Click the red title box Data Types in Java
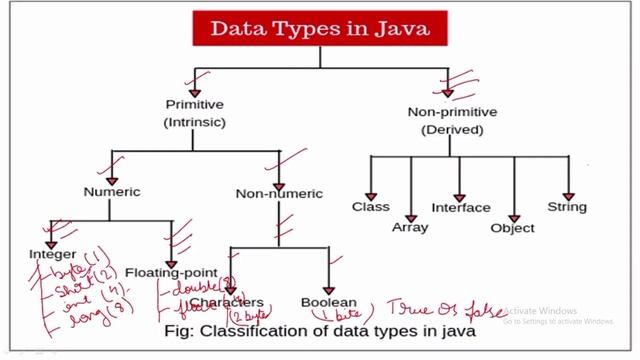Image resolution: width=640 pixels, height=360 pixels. [x=319, y=29]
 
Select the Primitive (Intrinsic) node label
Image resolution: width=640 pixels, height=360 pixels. [x=194, y=113]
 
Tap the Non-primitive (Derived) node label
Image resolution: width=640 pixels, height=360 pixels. [x=453, y=121]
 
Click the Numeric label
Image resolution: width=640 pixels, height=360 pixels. [x=112, y=191]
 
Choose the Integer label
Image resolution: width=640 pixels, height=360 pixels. [x=52, y=255]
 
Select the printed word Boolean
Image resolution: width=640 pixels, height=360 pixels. [x=329, y=302]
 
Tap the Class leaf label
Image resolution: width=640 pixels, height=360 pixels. [x=370, y=207]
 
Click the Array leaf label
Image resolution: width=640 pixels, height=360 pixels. [x=410, y=227]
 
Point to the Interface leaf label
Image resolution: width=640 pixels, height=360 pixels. [x=461, y=208]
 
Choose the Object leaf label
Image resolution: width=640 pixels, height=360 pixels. [x=513, y=228]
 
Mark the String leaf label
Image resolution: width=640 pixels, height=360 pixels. [x=567, y=207]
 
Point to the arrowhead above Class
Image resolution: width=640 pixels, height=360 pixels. [x=370, y=193]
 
